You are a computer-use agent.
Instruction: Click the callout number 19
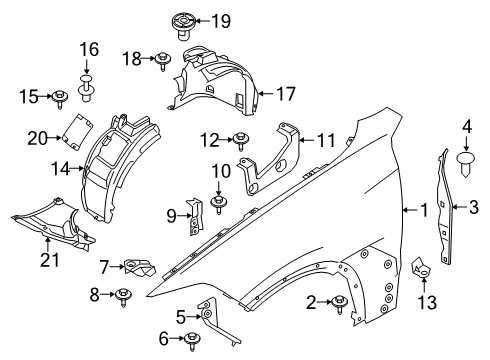[x=220, y=20]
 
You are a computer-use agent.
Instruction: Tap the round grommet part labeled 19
[x=184, y=22]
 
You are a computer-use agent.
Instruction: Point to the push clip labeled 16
[x=88, y=89]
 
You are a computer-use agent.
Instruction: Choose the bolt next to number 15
[x=60, y=97]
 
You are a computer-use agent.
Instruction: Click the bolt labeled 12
[x=242, y=140]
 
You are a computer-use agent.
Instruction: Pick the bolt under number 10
[x=218, y=205]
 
